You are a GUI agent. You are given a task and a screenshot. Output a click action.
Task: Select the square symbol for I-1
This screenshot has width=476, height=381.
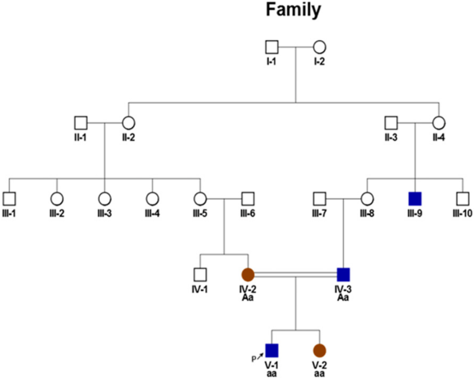point(271,47)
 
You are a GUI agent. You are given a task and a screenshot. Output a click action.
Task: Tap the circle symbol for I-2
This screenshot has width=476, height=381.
point(319,47)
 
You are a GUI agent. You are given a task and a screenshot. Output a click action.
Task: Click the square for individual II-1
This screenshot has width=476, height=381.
point(80,123)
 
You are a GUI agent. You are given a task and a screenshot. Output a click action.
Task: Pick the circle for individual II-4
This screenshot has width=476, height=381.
point(439,123)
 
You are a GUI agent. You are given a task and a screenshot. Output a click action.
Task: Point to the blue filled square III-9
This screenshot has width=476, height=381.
point(415,199)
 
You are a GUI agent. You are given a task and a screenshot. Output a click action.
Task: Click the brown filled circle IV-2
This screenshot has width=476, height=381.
point(248,275)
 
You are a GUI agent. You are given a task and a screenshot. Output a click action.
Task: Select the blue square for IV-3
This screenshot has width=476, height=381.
point(343,275)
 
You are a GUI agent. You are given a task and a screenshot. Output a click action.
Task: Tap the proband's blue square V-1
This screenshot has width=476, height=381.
point(272,350)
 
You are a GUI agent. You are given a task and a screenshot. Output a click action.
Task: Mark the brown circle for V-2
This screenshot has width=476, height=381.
point(319,350)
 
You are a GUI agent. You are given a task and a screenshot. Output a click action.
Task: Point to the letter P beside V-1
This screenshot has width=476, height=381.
point(252,360)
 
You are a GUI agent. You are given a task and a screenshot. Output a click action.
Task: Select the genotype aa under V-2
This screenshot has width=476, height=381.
point(319,374)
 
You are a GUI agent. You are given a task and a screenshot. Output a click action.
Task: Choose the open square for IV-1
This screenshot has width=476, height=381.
point(200,275)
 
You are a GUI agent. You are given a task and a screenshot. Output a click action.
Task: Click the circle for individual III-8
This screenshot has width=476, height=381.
point(367,199)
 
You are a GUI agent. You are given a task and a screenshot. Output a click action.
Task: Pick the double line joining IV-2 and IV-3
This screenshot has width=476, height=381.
point(295,275)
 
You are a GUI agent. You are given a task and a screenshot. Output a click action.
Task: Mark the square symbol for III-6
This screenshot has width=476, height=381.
point(248,199)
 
